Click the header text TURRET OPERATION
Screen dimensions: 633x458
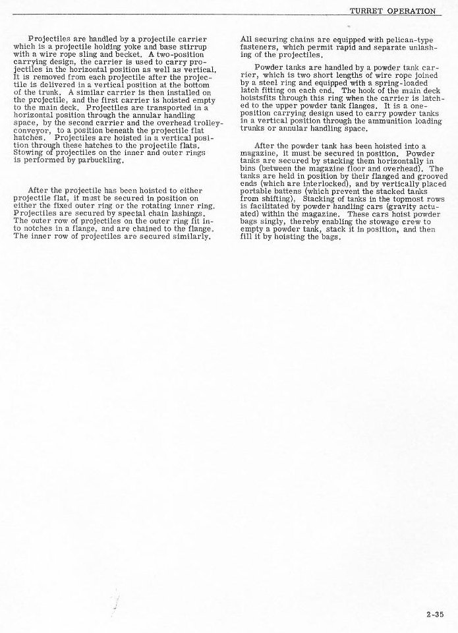click(393, 11)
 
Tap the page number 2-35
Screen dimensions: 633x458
click(435, 615)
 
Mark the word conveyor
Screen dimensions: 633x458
click(30, 130)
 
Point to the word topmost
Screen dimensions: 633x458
click(395, 198)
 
